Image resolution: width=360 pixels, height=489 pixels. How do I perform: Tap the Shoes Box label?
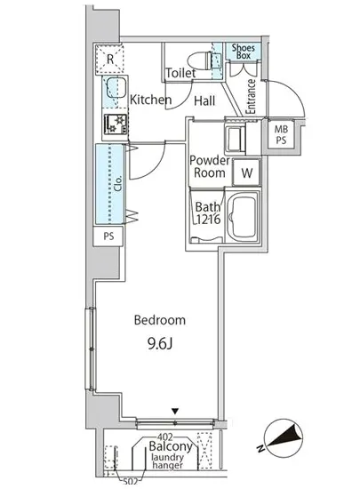click(x=244, y=52)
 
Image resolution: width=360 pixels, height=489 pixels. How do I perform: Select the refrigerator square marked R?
click(x=109, y=59)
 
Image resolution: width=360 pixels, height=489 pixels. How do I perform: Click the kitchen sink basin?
click(x=116, y=88)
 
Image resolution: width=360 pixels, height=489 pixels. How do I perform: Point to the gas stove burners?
click(x=116, y=124)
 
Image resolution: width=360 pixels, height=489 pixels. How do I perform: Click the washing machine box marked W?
click(x=246, y=172)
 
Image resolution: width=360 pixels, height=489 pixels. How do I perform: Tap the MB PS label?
click(x=281, y=134)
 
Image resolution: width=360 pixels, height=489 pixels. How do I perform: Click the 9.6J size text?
click(x=160, y=344)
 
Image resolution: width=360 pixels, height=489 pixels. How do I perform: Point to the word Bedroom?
click(x=160, y=320)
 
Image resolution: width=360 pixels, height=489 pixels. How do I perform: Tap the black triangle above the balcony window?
click(x=175, y=412)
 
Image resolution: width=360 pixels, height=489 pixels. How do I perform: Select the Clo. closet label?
click(x=118, y=183)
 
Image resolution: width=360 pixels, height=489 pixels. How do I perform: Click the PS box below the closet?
click(x=108, y=236)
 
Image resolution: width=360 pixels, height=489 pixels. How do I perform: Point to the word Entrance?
click(x=251, y=97)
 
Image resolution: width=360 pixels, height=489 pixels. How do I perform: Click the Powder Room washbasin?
click(x=236, y=139)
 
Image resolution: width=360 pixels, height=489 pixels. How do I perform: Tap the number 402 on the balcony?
click(x=165, y=437)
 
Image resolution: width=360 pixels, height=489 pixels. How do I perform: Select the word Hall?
click(x=204, y=100)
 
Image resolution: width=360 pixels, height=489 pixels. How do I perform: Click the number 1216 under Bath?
click(x=209, y=220)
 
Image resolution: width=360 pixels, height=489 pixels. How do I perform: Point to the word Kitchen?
click(x=150, y=100)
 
